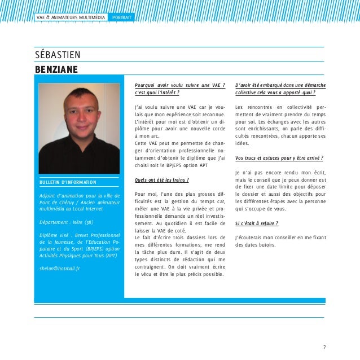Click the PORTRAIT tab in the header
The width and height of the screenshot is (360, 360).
point(122,17)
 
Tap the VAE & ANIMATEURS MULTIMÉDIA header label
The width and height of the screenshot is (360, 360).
point(71,17)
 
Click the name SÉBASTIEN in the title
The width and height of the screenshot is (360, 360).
point(58,55)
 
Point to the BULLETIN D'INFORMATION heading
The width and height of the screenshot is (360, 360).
point(68,182)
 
